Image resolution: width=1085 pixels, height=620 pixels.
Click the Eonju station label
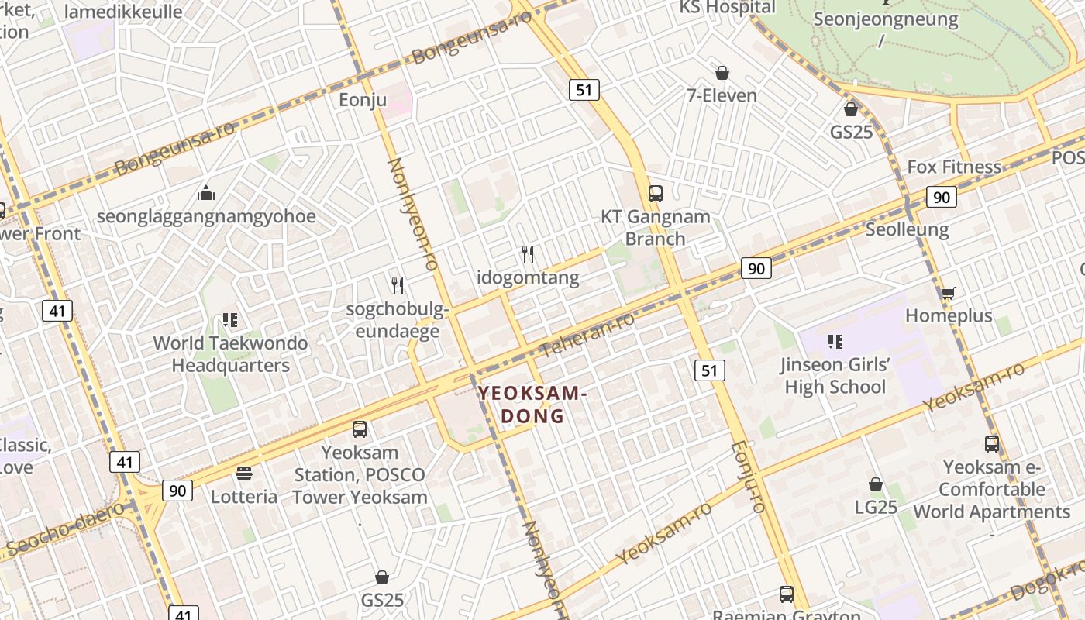[362, 100]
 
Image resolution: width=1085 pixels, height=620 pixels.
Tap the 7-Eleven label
[722, 95]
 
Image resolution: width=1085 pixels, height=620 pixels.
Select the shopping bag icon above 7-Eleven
[722, 73]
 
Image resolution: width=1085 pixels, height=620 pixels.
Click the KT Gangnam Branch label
[656, 228]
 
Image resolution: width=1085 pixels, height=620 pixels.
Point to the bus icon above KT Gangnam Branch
[656, 194]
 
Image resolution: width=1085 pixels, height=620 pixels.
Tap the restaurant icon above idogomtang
[528, 253]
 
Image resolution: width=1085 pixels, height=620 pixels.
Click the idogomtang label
[528, 277]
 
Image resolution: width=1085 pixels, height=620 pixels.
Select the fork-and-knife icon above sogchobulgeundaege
[398, 286]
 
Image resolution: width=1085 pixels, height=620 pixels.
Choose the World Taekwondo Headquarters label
[230, 354]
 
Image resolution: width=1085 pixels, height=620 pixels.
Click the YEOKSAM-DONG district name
[532, 404]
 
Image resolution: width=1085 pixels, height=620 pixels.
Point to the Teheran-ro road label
[587, 335]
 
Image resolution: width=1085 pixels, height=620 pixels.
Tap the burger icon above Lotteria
[244, 474]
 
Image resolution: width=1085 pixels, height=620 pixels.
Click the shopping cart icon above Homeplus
[948, 293]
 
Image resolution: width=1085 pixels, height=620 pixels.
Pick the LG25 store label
[876, 507]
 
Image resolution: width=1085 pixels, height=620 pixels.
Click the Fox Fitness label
[954, 167]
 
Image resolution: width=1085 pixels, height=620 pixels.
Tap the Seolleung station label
[907, 229]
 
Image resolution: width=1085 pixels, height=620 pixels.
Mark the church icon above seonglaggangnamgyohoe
[206, 192]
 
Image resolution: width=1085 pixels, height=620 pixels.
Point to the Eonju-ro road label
[748, 477]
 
